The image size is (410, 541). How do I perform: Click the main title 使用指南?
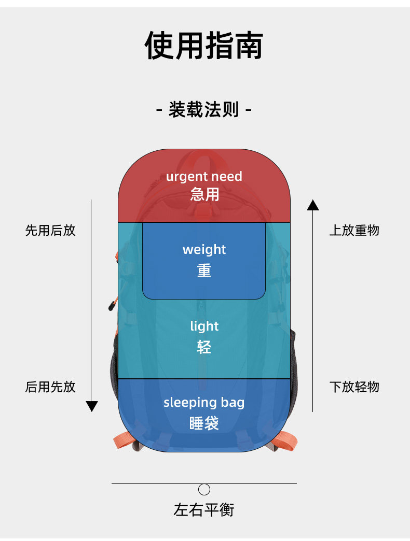point(204,46)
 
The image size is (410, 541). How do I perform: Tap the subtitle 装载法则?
point(204,110)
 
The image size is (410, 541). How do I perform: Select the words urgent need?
point(204,177)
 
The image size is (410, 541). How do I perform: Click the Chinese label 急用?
point(204,194)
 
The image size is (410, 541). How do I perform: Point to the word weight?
point(204,250)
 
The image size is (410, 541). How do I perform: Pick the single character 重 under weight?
point(204,270)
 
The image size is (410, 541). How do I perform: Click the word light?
point(204,326)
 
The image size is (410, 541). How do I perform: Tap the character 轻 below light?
point(204,347)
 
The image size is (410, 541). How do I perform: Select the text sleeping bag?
point(204,403)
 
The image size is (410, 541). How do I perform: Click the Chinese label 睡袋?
point(204,423)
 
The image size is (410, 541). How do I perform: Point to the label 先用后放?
point(50,231)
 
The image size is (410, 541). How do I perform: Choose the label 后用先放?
point(50,387)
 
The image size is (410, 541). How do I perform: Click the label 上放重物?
point(354,231)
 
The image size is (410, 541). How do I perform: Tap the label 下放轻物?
point(354,387)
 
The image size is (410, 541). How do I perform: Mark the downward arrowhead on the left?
point(92,406)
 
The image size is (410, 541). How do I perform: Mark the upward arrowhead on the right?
point(313,205)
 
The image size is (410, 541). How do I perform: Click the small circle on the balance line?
point(204,489)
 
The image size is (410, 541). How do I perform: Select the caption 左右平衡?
point(204,510)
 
